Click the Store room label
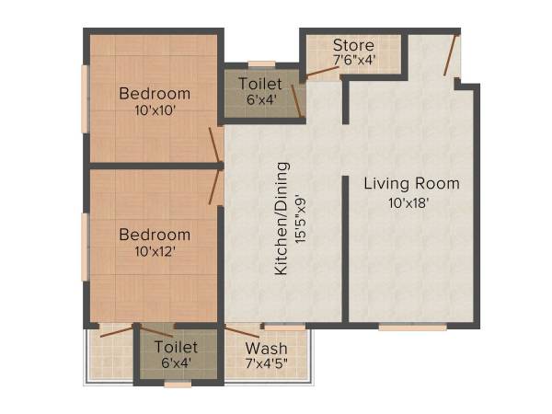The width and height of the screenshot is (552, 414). [352, 44]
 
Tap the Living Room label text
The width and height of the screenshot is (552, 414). [411, 184]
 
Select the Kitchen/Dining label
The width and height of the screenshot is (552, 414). [282, 218]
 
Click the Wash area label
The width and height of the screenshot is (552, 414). [266, 349]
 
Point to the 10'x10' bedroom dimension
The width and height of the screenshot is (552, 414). [155, 109]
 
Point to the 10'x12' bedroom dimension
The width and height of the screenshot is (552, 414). [155, 250]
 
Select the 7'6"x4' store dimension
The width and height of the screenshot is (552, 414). [352, 60]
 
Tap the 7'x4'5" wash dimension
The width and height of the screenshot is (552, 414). [266, 364]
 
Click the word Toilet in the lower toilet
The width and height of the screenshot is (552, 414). [176, 347]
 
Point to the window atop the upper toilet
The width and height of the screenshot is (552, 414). [262, 63]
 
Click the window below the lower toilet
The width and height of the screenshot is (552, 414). [178, 383]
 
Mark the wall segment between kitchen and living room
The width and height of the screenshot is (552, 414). [344, 248]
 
